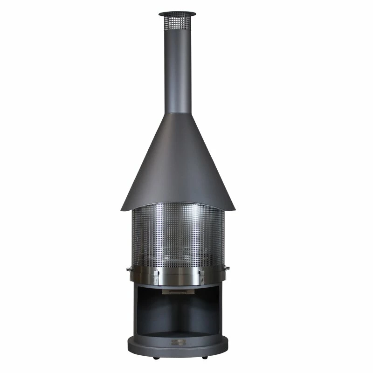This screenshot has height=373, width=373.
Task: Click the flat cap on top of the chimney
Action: tap(177, 14)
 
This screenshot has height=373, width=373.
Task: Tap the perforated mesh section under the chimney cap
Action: tap(177, 23)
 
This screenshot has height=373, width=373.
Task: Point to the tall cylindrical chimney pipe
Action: tap(178, 70)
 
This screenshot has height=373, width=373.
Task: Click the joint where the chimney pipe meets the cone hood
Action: tap(178, 112)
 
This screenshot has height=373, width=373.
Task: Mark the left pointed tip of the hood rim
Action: tap(121, 210)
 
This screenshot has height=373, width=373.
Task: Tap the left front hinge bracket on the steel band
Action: tap(156, 276)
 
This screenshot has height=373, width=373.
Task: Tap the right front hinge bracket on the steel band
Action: tap(201, 276)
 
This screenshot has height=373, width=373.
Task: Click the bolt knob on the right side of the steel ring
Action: tap(227, 268)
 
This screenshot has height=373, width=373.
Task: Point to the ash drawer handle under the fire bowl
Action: tap(178, 292)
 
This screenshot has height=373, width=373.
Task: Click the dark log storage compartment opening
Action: tap(178, 312)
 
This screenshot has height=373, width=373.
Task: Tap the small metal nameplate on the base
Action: tap(178, 343)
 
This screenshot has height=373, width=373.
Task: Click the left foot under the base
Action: tap(155, 358)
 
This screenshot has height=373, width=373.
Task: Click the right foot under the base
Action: tap(204, 357)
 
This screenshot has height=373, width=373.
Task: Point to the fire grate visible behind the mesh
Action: tap(178, 256)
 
